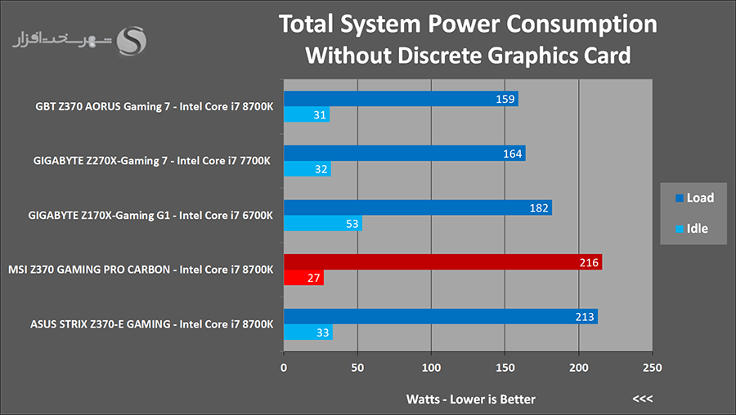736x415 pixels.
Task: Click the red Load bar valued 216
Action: coord(442,262)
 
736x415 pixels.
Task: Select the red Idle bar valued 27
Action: coord(303,279)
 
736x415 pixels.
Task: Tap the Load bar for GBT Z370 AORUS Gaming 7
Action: coord(401,99)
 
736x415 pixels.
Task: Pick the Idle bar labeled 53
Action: coord(322,224)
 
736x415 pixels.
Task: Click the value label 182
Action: coord(540,207)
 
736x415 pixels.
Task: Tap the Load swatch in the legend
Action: coord(678,199)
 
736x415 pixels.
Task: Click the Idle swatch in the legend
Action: coord(678,229)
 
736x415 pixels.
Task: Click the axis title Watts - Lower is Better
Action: coord(471,399)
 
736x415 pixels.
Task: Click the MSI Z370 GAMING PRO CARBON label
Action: coord(140,270)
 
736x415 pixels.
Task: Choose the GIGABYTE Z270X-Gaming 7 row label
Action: coord(152,161)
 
